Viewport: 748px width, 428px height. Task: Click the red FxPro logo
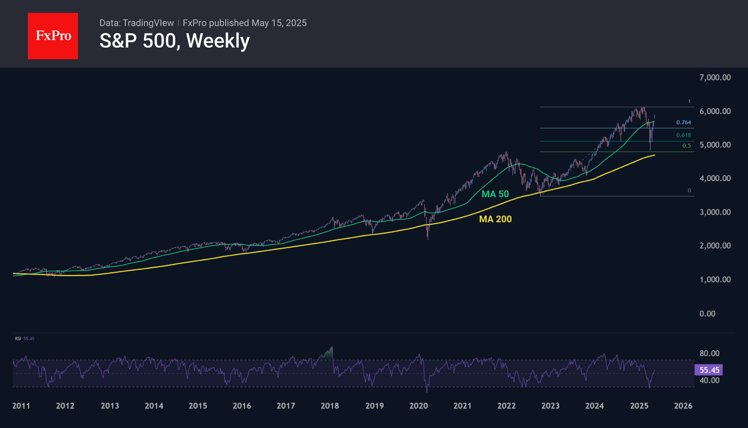point(53,36)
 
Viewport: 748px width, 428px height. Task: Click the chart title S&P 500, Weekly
point(174,41)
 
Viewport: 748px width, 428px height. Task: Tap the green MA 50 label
point(495,194)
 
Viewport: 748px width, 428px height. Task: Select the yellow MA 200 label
point(495,219)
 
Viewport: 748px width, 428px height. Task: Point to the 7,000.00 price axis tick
point(715,77)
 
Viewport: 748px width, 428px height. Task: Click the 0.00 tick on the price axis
point(707,313)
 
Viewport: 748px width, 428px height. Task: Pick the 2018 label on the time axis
point(330,406)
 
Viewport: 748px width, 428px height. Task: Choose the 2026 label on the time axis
point(683,406)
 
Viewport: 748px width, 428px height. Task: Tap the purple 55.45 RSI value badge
point(708,370)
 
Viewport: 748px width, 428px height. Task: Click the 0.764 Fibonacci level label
point(683,122)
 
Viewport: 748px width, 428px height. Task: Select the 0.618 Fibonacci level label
point(683,135)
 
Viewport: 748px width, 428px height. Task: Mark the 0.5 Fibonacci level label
point(687,146)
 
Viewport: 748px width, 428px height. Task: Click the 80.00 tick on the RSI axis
point(709,354)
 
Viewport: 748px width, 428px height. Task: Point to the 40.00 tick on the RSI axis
point(709,380)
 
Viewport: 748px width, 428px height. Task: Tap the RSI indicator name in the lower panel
point(18,339)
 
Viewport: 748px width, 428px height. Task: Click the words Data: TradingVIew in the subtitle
point(137,23)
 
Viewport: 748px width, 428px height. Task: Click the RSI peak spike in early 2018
point(332,347)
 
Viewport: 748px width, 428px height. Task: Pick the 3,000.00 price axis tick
point(715,212)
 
